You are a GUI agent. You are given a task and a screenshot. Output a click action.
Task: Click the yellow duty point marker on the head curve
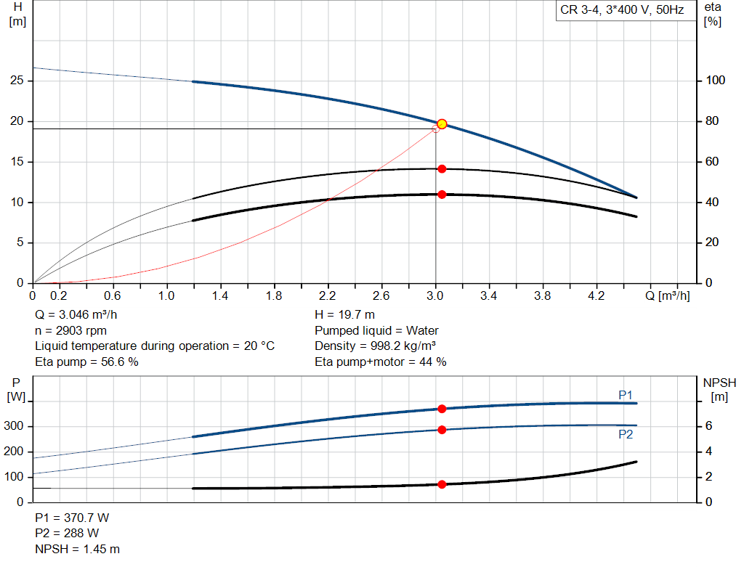442,124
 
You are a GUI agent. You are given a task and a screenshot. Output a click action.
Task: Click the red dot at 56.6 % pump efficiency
442,169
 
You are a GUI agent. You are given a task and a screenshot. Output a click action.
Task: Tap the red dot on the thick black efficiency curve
442,195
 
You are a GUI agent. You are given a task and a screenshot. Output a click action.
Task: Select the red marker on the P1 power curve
442,409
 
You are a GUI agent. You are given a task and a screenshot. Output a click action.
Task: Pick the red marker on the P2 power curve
442,430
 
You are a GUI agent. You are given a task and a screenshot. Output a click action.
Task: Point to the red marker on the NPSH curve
442,484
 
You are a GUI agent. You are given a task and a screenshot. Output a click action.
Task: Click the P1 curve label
626,395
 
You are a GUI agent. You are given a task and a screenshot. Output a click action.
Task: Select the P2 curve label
626,434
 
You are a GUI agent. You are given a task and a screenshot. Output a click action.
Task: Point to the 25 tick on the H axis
17,81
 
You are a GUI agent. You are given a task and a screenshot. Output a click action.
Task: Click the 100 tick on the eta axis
716,81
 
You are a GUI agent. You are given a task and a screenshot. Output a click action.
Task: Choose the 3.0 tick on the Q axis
436,296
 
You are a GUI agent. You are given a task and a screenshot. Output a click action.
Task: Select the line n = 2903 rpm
70,330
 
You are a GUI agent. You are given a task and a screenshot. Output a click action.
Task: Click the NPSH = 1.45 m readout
77,549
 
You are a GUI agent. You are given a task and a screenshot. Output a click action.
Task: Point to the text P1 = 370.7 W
72,518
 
